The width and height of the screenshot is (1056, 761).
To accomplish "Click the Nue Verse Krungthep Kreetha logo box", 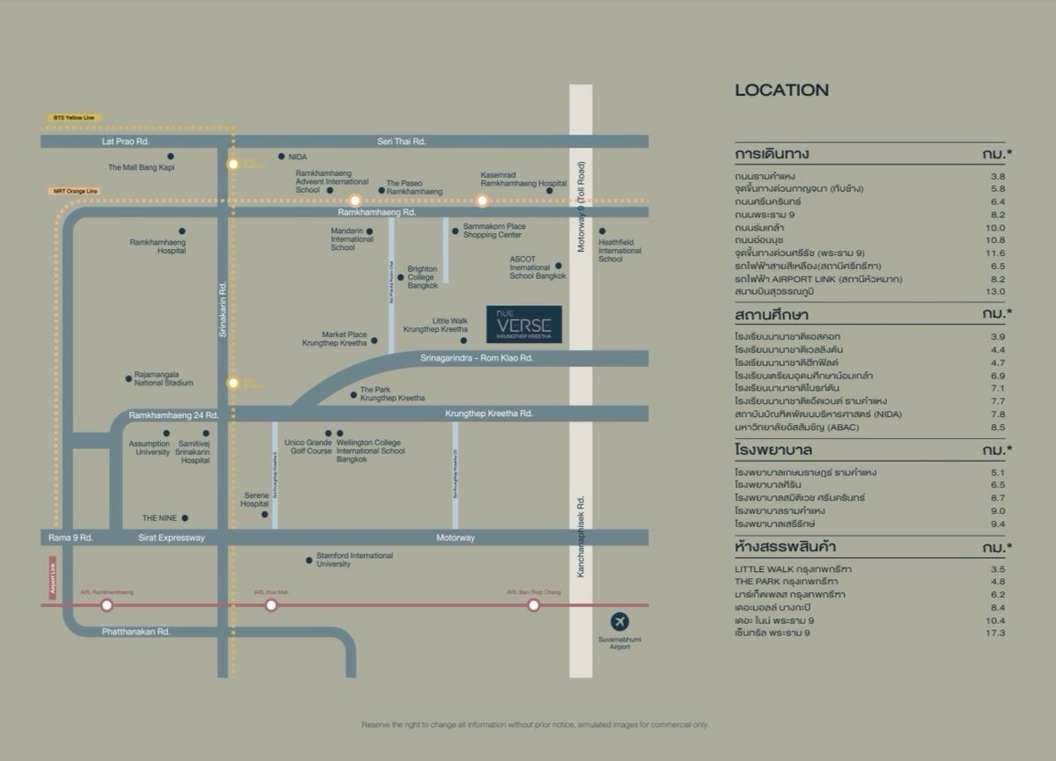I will (x=524, y=324).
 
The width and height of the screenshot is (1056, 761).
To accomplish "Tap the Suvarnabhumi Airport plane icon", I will (x=620, y=620).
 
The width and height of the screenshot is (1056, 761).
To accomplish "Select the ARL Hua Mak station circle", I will (x=271, y=605).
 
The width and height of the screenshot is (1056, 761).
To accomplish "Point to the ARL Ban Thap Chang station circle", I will (x=533, y=605).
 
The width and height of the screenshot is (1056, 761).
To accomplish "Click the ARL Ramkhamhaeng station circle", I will (x=106, y=605).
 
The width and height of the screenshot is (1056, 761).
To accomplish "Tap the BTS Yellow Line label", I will (x=75, y=117).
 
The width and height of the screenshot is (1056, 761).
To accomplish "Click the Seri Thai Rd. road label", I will (x=407, y=141).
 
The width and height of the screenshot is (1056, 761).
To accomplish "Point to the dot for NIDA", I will (x=282, y=157).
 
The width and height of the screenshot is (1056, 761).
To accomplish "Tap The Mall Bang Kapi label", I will (x=141, y=167).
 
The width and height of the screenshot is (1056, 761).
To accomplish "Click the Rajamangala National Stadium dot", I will (x=128, y=379).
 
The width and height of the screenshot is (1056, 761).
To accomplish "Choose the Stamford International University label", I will (x=356, y=560).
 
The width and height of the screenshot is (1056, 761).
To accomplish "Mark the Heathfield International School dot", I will (x=603, y=231).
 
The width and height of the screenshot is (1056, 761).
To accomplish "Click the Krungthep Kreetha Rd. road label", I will (x=489, y=413).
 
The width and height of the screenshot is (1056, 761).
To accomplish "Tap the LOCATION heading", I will (x=781, y=90).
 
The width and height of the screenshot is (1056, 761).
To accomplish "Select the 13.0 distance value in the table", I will (x=996, y=291).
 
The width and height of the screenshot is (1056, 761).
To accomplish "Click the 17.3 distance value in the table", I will (x=996, y=633).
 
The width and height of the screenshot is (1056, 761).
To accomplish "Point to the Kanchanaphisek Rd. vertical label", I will (x=581, y=537).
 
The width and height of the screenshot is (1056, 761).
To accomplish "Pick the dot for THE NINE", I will (x=185, y=518).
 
